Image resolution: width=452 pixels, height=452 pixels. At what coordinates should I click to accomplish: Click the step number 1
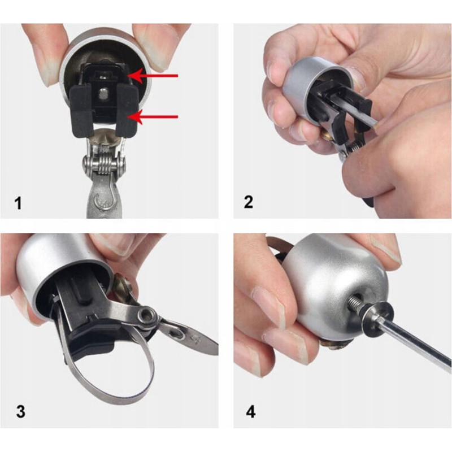(x=18, y=203)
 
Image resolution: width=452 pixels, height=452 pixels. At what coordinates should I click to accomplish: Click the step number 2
(x=248, y=202)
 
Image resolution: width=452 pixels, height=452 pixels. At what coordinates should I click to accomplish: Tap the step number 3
(x=20, y=411)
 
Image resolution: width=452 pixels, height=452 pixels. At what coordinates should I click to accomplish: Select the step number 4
(x=250, y=412)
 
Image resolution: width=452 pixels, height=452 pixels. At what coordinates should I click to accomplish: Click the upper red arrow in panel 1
(x=153, y=76)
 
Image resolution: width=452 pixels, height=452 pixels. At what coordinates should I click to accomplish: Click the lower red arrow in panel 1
(x=153, y=117)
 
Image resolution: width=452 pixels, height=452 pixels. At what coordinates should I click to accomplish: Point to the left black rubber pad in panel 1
(x=81, y=111)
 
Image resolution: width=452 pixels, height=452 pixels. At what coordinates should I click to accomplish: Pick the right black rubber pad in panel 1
(x=127, y=111)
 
